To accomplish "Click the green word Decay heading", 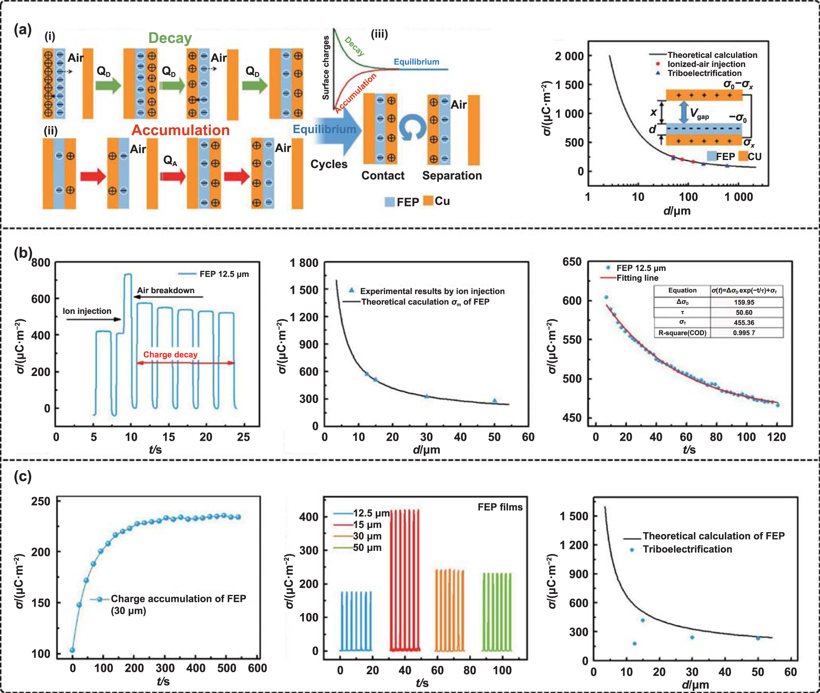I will [x=170, y=38].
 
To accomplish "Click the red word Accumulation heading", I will [x=180, y=130].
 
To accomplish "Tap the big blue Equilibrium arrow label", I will [x=324, y=129].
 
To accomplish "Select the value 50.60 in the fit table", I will [x=744, y=312].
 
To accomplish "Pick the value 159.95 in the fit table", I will [x=744, y=302].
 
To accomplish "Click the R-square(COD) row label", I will [x=682, y=333].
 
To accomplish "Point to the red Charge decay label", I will [x=170, y=355].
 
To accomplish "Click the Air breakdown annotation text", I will [x=166, y=290].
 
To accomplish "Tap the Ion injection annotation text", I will [x=87, y=311].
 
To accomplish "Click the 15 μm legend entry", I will [x=367, y=524].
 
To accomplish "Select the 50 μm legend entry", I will [x=367, y=548].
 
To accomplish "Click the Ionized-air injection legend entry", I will [x=706, y=64].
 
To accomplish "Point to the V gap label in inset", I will [x=699, y=114].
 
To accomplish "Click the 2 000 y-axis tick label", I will [x=569, y=56].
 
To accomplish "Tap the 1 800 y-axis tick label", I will [x=304, y=262].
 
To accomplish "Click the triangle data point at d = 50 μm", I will [x=495, y=401].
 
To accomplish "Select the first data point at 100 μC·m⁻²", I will [x=72, y=650].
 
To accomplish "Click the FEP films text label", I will [x=500, y=507].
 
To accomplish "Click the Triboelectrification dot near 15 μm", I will [x=642, y=620].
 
